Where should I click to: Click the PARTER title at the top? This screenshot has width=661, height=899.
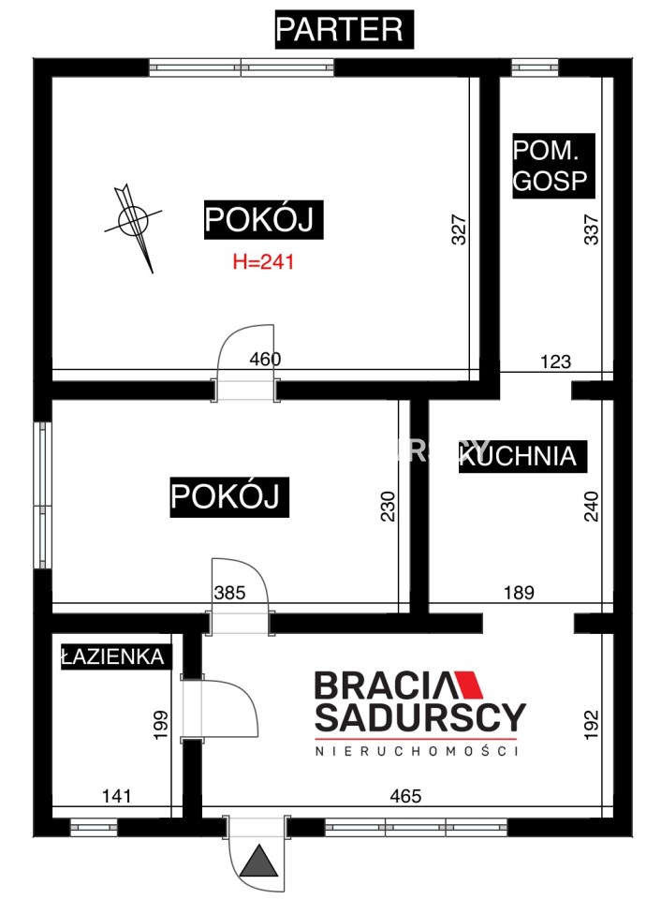(339, 29)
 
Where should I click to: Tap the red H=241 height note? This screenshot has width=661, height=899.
(263, 262)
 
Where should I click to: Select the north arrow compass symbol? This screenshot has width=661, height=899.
(133, 221)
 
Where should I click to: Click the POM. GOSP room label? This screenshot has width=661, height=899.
(551, 166)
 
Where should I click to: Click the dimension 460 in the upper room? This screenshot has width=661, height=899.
(266, 359)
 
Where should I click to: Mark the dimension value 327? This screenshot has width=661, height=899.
(459, 230)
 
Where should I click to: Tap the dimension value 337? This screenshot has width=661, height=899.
(591, 230)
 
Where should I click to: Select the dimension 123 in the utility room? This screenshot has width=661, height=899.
(555, 361)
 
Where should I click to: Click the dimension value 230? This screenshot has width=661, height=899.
(389, 507)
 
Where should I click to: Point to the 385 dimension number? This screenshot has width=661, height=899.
(229, 592)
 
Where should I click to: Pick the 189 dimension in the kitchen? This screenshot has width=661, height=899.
(519, 592)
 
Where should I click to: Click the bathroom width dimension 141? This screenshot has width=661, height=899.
(116, 796)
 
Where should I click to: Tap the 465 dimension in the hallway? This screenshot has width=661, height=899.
(405, 796)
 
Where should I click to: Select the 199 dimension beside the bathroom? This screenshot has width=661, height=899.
(160, 725)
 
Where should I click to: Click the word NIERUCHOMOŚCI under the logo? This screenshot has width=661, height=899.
(417, 750)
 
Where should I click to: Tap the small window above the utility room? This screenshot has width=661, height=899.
(535, 67)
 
